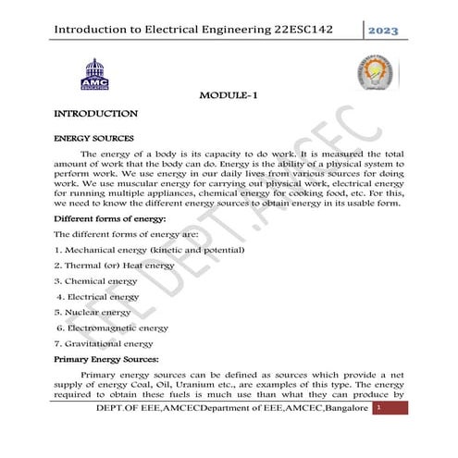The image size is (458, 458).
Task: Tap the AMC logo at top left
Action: point(94,73)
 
